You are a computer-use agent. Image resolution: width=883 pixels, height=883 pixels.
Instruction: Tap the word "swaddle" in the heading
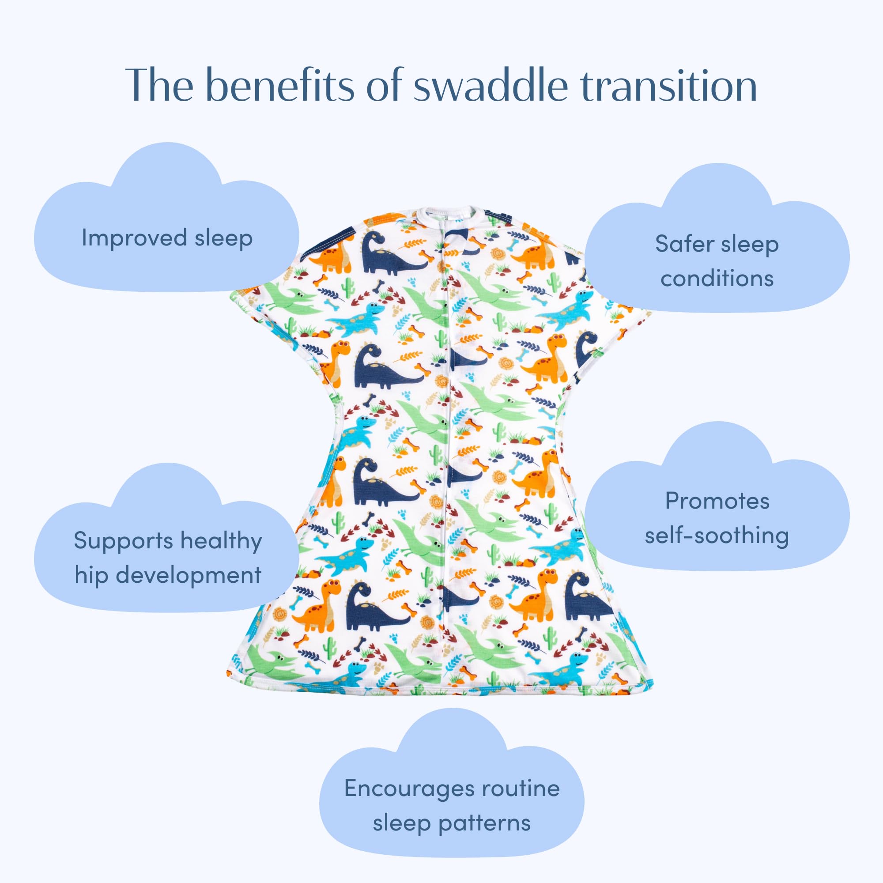(491, 85)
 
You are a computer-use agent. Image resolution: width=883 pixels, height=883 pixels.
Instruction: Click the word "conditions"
(717, 278)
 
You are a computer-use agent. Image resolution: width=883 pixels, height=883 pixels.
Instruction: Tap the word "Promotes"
(717, 501)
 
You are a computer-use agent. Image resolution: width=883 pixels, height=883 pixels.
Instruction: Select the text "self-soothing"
(717, 536)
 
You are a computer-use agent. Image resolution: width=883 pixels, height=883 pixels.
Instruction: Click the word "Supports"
(122, 541)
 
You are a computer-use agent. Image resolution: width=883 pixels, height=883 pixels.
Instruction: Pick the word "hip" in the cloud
(91, 575)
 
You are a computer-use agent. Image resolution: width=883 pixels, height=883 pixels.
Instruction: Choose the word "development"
(189, 575)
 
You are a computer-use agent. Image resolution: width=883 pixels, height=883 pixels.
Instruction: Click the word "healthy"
(221, 541)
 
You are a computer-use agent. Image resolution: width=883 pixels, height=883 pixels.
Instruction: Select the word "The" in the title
(159, 85)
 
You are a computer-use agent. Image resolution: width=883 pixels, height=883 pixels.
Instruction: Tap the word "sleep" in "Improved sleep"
(223, 238)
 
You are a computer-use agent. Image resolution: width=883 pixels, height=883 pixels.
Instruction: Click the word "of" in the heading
(384, 85)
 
